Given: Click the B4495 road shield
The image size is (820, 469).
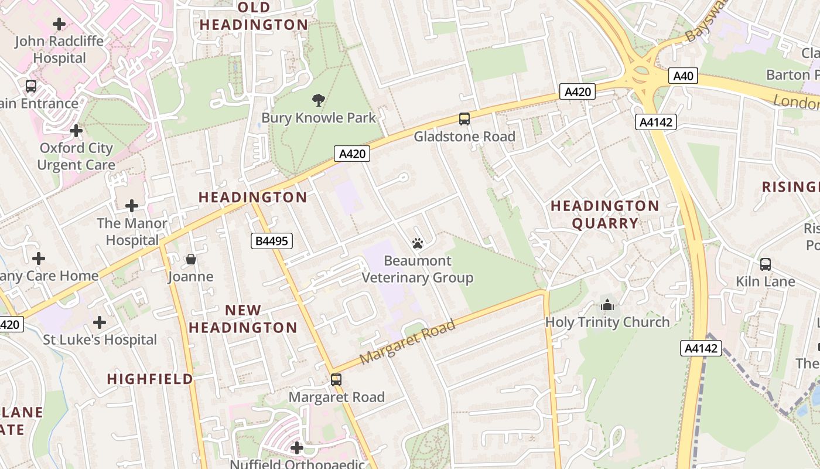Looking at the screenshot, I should [272, 240].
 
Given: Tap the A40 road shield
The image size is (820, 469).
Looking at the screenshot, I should [683, 76].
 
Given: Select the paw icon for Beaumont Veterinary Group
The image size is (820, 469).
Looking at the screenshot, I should [418, 243].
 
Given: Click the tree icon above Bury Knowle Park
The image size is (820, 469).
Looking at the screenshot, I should [319, 100].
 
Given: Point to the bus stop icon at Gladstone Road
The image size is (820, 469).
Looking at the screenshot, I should [464, 119].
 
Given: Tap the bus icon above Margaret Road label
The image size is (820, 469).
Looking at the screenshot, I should [336, 379].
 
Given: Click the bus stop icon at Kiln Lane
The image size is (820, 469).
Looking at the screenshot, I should [766, 264].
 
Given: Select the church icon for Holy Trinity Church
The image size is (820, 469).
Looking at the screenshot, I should [607, 305].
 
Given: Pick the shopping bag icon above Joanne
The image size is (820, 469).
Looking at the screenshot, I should [191, 259].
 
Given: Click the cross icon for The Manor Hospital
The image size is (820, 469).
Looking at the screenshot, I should [132, 206].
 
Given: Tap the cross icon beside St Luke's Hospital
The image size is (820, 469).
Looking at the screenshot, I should [100, 322].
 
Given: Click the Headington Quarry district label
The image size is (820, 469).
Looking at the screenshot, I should [605, 215].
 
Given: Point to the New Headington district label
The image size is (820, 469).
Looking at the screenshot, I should [243, 319].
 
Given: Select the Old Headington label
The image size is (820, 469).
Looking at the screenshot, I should [254, 16].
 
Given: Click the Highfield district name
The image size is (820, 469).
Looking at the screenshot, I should [150, 379].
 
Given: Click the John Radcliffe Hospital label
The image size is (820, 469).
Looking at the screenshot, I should [59, 50].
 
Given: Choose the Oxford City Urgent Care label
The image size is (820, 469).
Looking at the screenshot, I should [76, 157].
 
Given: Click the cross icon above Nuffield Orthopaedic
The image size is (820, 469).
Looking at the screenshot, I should [297, 448].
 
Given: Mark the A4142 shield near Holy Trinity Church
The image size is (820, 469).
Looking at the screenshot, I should [701, 348].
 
